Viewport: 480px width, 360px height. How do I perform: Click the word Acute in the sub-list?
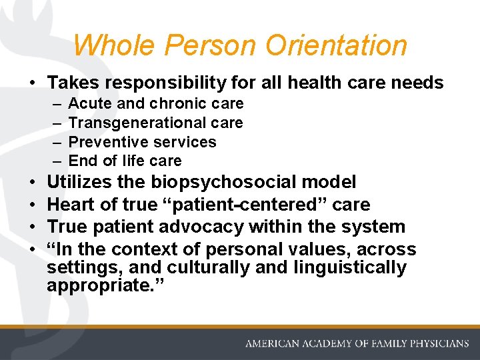(x=87, y=104)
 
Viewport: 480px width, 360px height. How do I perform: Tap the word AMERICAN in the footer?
(x=274, y=344)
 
